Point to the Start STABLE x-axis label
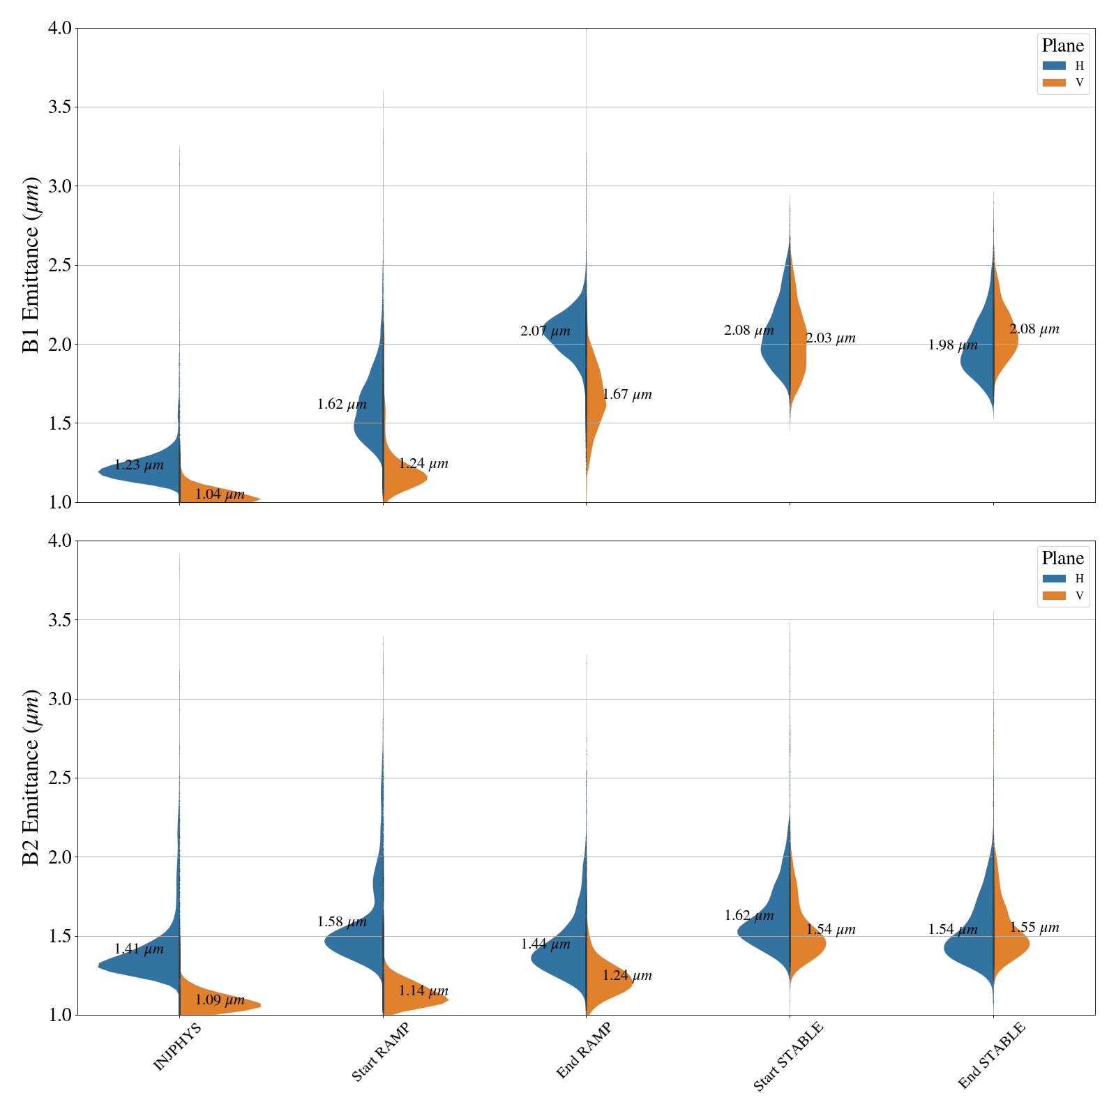point(788,1059)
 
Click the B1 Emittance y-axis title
point(31,265)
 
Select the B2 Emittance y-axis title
point(31,778)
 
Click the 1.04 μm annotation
point(220,495)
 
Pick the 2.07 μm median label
point(545,331)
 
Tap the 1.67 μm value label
point(627,395)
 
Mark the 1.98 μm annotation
point(953,345)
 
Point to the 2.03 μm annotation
point(831,339)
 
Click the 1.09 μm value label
point(220,1000)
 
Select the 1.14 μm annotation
point(423,991)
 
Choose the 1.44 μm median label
point(545,944)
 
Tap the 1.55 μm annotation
point(1034,928)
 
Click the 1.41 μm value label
point(139,949)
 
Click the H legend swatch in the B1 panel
point(1054,66)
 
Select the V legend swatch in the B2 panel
point(1054,596)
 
